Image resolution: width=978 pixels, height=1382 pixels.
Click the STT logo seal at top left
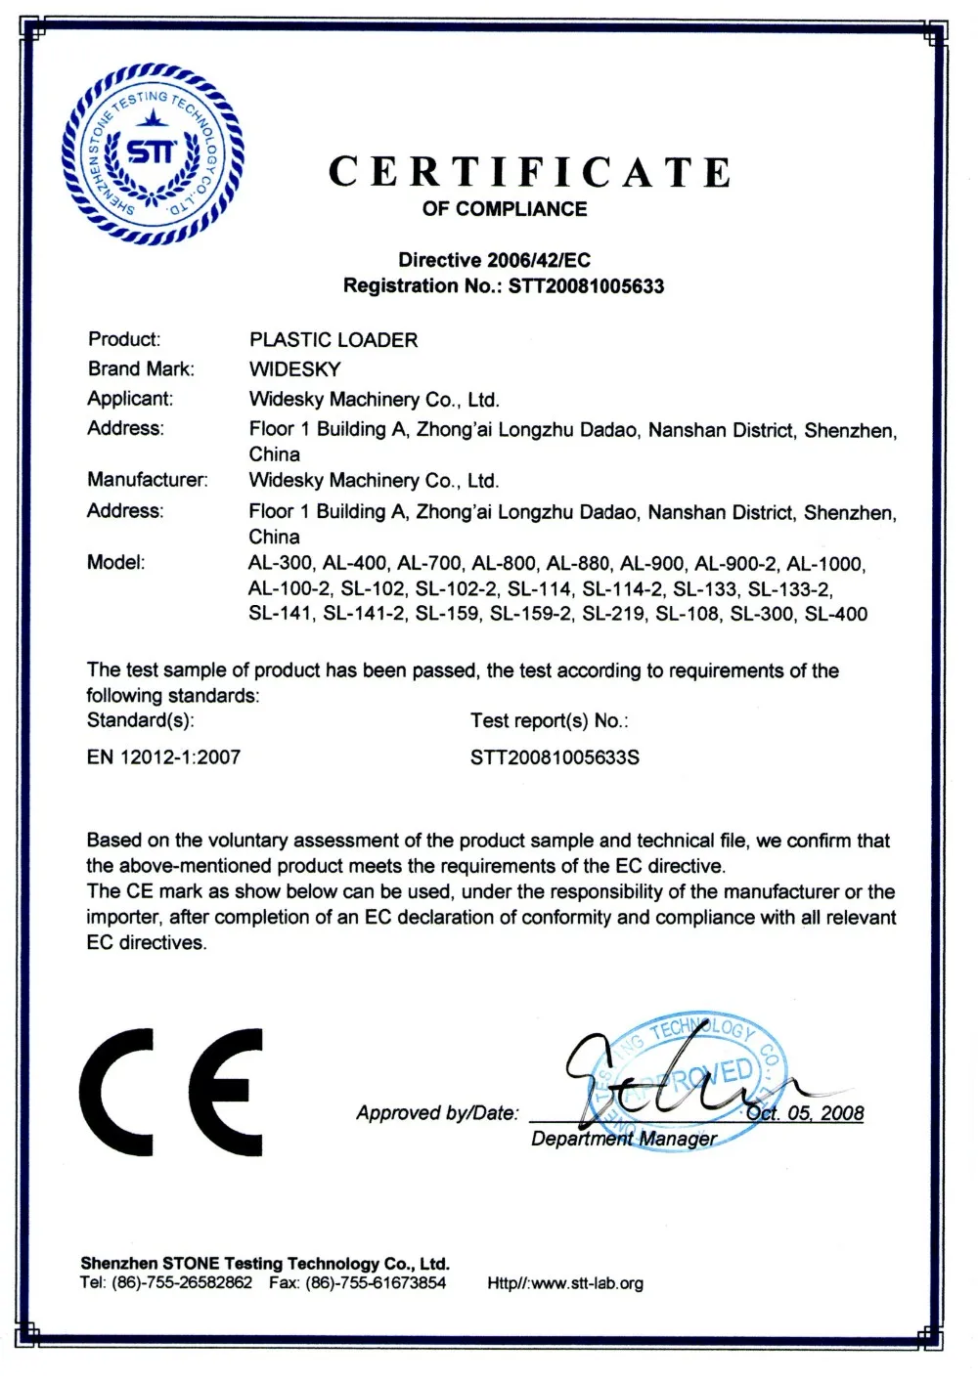pos(152,153)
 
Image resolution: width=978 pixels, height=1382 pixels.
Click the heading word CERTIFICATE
pos(529,172)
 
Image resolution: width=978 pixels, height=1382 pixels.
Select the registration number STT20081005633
pos(586,286)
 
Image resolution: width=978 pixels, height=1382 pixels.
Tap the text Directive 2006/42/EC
pos(494,260)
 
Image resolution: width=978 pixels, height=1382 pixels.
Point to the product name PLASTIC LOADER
pos(333,340)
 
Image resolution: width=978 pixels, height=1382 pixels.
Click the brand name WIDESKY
pos(294,369)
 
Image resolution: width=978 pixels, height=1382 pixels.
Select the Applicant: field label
pos(130,399)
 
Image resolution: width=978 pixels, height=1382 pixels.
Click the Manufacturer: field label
pos(148,480)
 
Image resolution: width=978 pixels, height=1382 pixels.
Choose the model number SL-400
pos(836,615)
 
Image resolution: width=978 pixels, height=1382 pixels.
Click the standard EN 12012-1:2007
pos(163,757)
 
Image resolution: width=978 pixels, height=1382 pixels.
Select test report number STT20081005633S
pos(555,757)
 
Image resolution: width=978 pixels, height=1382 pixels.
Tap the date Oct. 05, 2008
pos(806,1113)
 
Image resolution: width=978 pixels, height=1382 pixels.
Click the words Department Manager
pos(624,1140)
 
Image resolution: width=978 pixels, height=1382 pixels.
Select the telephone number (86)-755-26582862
pos(182,1283)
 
